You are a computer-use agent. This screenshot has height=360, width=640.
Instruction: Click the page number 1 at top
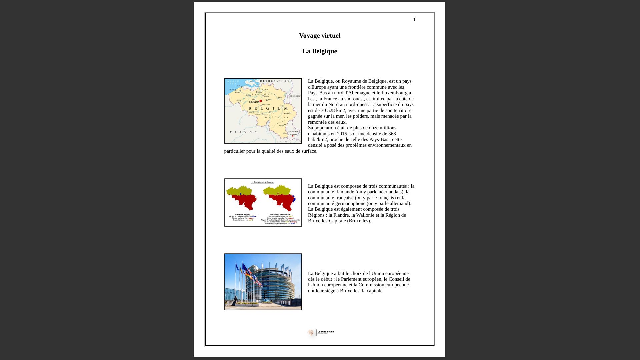414,20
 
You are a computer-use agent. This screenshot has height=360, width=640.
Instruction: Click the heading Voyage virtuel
319,36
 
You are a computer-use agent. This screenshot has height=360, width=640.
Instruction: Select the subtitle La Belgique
319,51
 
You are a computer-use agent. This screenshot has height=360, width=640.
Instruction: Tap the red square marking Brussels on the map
261,101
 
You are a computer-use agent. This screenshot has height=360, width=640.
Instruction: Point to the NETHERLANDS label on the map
274,81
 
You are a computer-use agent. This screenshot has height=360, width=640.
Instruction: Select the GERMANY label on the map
294,96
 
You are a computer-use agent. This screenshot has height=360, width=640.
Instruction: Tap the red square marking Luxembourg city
293,136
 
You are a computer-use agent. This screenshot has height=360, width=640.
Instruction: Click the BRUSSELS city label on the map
254,102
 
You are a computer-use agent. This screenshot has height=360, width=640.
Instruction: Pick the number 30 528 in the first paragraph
333,110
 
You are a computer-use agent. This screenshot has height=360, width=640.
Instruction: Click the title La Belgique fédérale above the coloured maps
262,182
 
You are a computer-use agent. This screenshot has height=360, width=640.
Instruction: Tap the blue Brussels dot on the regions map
241,194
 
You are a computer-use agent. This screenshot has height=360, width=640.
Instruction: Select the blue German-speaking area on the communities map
294,199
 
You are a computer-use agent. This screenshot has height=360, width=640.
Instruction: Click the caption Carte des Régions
242,214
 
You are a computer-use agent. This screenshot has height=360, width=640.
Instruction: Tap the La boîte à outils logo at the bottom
321,332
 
